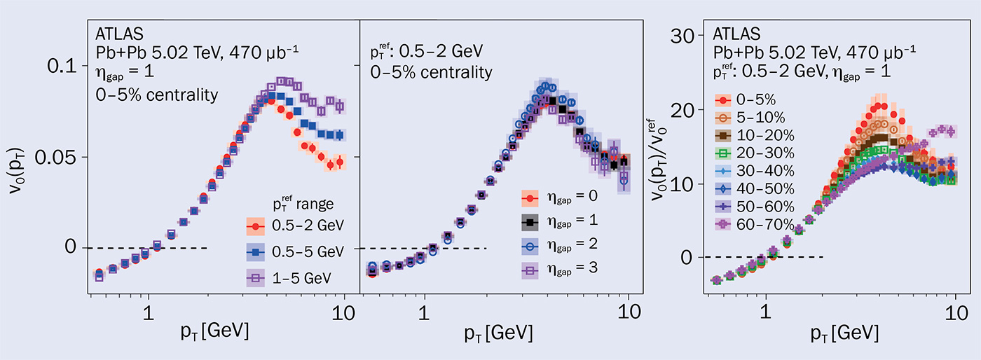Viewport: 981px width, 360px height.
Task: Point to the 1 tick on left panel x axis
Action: coord(149,312)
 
